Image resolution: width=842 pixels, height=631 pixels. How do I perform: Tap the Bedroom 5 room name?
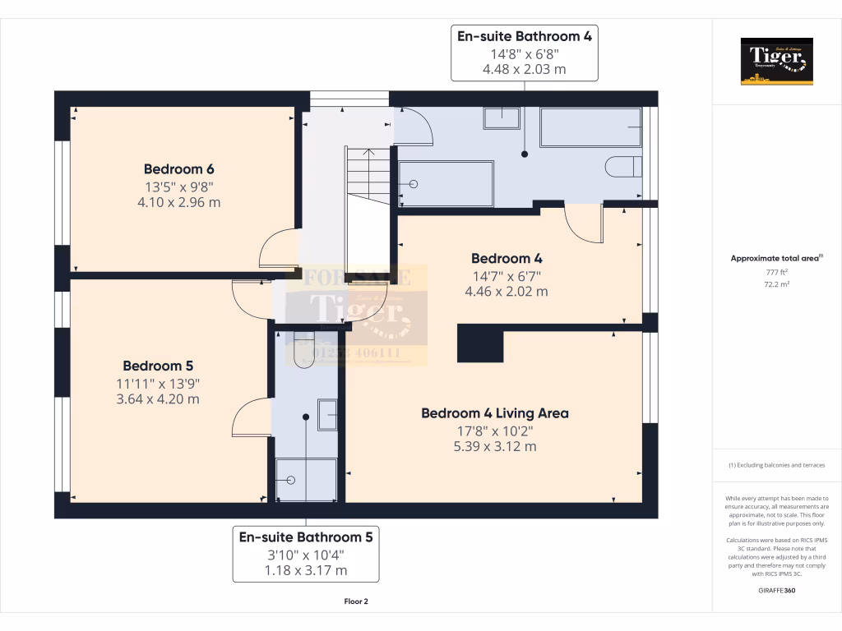[157, 366]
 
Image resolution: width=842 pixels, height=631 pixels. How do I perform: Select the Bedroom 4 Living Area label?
[494, 413]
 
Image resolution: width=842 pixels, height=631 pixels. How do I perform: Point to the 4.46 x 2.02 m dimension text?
[506, 291]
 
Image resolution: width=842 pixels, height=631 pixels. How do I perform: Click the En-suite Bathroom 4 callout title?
[524, 36]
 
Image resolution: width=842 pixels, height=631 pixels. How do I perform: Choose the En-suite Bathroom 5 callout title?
[306, 537]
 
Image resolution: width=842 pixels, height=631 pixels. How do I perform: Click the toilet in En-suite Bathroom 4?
[623, 167]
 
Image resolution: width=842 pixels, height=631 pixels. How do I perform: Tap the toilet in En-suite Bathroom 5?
[303, 349]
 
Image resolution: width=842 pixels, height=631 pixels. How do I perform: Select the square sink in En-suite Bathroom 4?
[501, 118]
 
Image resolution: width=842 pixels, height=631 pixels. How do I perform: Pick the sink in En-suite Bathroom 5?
[327, 415]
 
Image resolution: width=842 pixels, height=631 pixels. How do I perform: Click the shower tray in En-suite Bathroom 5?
[306, 480]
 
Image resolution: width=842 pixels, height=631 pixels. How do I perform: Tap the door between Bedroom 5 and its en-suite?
[252, 421]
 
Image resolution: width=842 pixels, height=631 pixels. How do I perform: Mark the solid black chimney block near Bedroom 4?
[480, 343]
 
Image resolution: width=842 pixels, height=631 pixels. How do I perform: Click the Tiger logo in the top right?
[776, 61]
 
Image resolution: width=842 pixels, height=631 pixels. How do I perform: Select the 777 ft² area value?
[777, 272]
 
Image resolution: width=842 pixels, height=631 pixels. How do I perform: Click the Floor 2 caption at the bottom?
[356, 601]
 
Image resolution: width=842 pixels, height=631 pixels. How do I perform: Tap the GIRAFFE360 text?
[777, 590]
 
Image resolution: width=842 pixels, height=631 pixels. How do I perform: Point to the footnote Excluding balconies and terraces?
[777, 465]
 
